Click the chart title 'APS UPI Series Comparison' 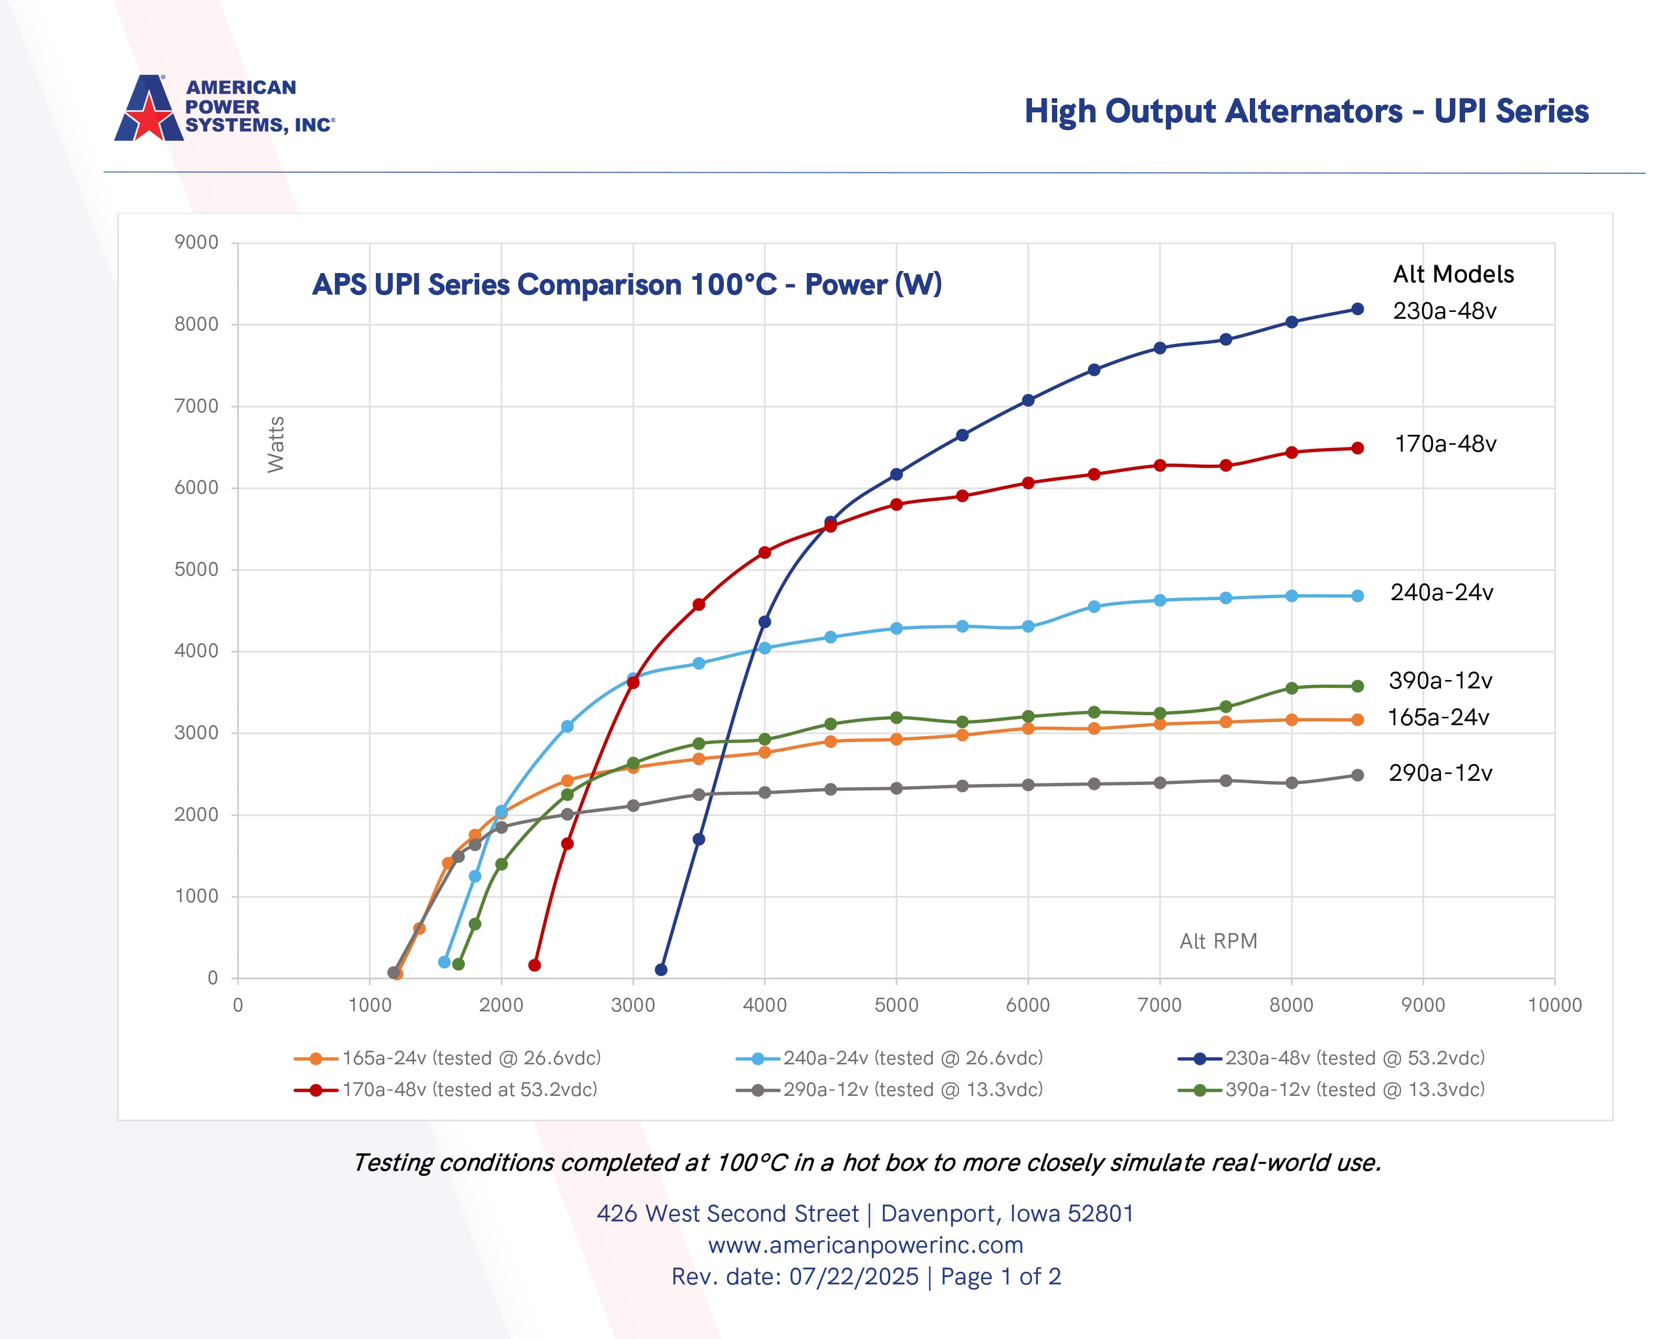pyautogui.click(x=626, y=285)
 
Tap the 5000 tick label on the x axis pyautogui.click(x=896, y=1005)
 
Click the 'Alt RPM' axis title pyautogui.click(x=1218, y=941)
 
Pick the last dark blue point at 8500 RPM pyautogui.click(x=1357, y=309)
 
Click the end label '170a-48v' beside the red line pyautogui.click(x=1445, y=444)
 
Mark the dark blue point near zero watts pyautogui.click(x=661, y=969)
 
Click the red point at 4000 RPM pyautogui.click(x=765, y=552)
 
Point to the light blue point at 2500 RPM pyautogui.click(x=567, y=727)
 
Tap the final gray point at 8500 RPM pyautogui.click(x=1357, y=775)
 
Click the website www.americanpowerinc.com pyautogui.click(x=866, y=1245)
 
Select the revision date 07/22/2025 pyautogui.click(x=854, y=1277)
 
